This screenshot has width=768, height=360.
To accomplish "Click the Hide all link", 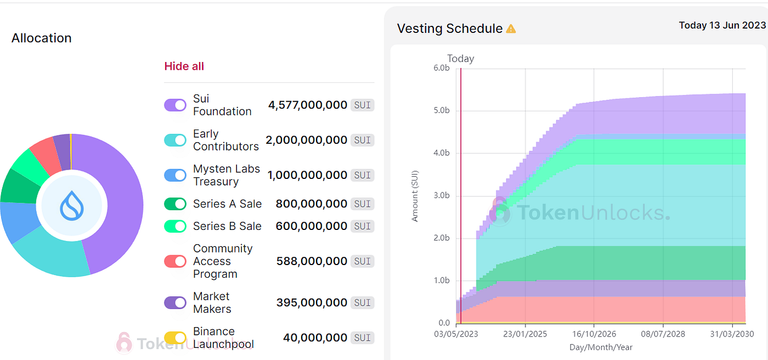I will tap(184, 66).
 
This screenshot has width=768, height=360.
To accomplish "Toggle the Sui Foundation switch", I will tap(175, 105).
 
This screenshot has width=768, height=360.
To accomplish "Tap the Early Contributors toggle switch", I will tap(175, 140).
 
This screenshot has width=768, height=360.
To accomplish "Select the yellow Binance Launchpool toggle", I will tap(175, 338).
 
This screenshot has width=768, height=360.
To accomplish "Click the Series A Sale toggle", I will tap(175, 204).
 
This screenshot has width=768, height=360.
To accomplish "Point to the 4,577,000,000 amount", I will tap(307, 105).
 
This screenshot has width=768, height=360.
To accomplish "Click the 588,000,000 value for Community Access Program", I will tap(312, 261).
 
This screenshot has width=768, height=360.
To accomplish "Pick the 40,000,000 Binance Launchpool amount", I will tap(315, 337).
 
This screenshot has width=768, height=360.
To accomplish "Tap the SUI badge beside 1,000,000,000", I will tap(362, 175).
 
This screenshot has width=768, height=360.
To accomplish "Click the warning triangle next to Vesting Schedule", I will tap(511, 29).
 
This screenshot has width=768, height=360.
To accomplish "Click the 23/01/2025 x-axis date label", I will tap(525, 334).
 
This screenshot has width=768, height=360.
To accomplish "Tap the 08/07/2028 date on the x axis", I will tap(663, 334).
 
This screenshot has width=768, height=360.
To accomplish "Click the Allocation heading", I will tap(42, 38).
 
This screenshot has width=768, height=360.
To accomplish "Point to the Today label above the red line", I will tap(461, 59).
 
